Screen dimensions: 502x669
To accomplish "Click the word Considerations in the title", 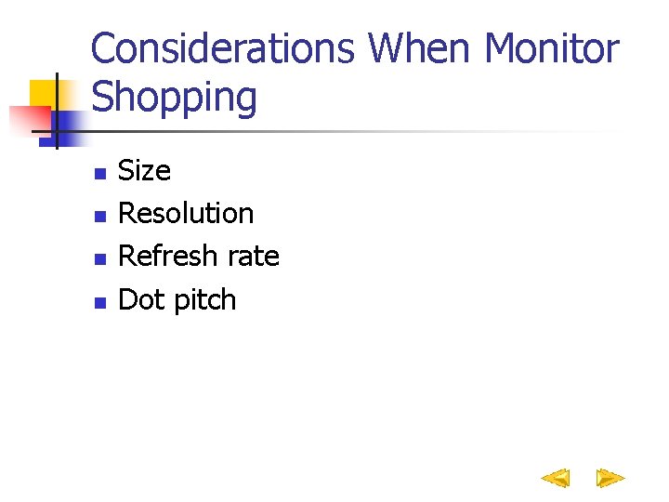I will [x=223, y=49].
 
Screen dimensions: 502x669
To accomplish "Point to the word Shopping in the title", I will [x=175, y=97].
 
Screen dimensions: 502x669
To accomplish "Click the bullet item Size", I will [x=145, y=171].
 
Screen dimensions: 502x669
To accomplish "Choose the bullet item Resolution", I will [x=186, y=214].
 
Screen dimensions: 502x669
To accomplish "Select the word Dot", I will [x=141, y=299].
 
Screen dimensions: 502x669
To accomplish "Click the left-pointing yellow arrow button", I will [x=556, y=479].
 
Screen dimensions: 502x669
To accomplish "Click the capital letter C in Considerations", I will [x=104, y=49].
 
